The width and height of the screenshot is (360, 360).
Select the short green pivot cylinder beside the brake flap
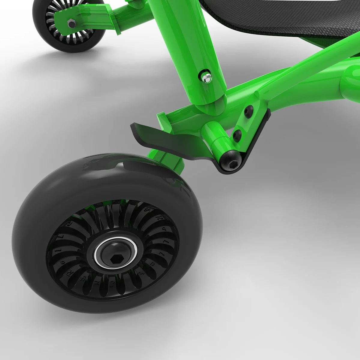click(215, 137)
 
